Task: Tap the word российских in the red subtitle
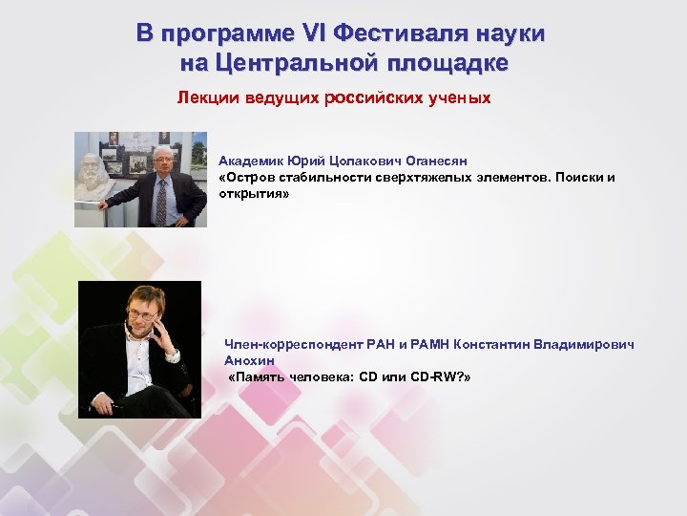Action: tap(369, 97)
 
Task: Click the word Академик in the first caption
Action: tap(250, 161)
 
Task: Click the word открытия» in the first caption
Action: tap(254, 193)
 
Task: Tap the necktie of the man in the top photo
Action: tap(160, 201)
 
